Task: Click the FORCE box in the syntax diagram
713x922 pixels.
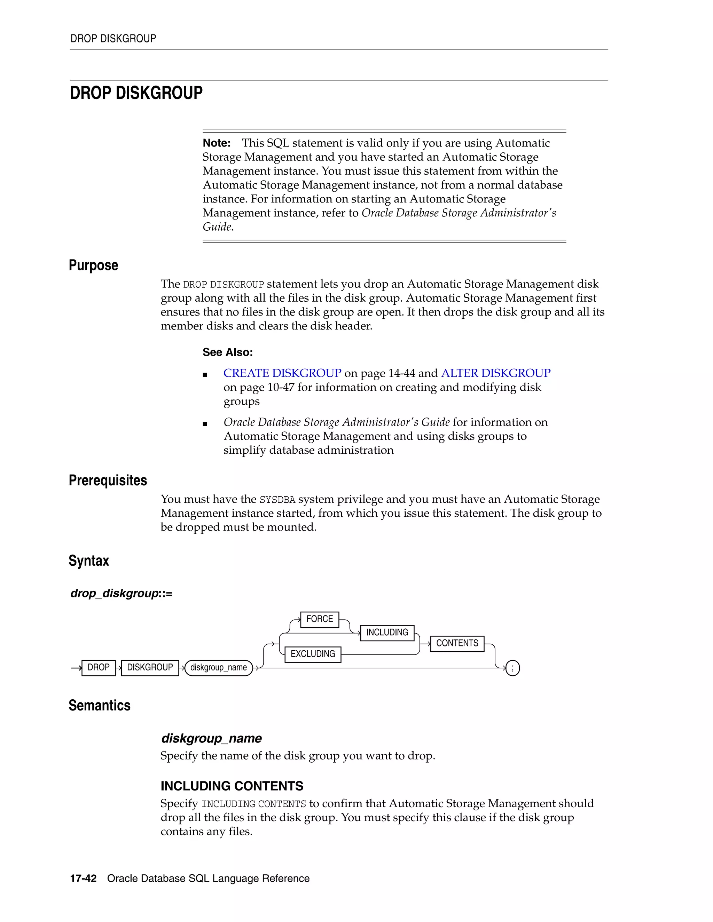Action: click(319, 619)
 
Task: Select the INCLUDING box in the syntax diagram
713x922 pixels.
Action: click(387, 633)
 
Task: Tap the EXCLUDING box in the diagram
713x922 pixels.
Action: click(313, 654)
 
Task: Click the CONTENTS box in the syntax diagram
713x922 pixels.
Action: click(457, 644)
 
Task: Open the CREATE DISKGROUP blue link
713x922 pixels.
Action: click(282, 373)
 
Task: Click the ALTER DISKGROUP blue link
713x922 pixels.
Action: click(496, 373)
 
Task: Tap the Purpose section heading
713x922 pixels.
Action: click(93, 265)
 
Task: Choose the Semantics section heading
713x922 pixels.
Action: click(99, 706)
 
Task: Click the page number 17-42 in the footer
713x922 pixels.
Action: click(83, 879)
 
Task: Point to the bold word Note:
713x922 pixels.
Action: click(216, 143)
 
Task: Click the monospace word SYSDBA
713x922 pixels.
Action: click(277, 500)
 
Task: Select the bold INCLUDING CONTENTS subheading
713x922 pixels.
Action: click(232, 786)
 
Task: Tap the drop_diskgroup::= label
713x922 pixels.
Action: click(121, 594)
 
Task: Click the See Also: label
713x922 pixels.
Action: click(228, 352)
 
